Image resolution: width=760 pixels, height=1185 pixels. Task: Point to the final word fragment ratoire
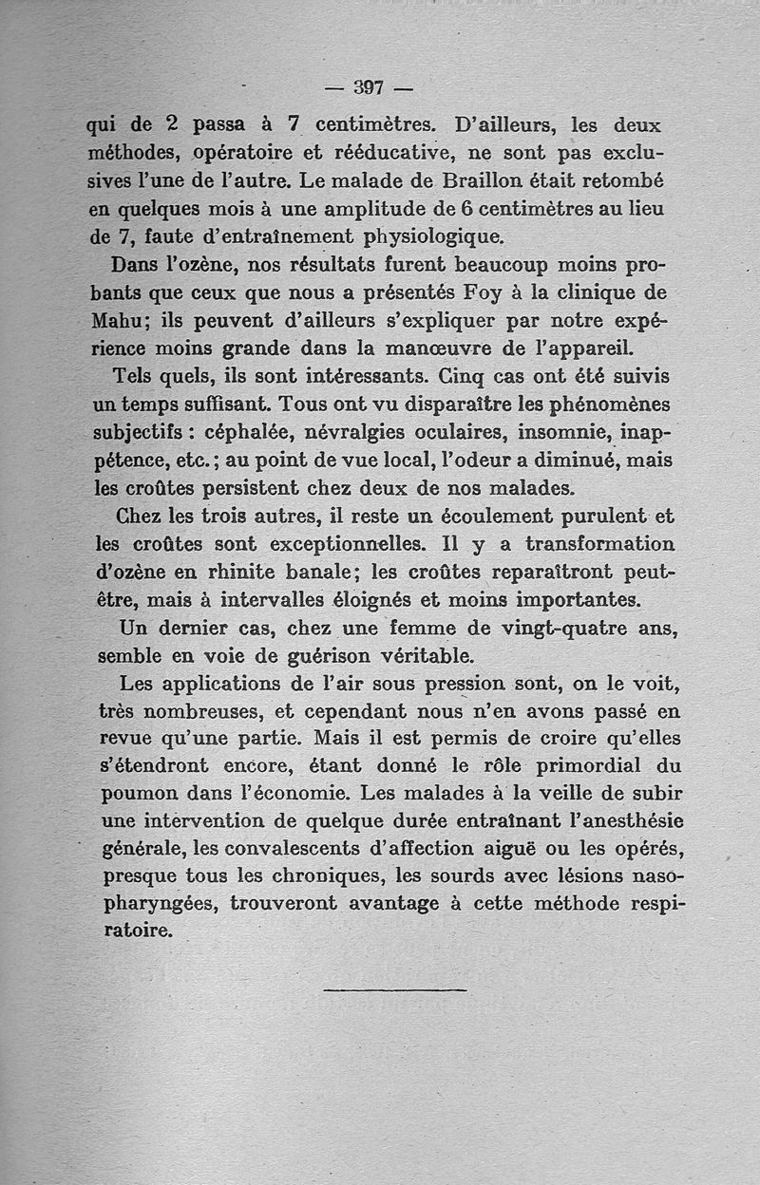pyautogui.click(x=138, y=931)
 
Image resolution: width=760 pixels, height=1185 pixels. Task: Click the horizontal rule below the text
pyautogui.click(x=394, y=990)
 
